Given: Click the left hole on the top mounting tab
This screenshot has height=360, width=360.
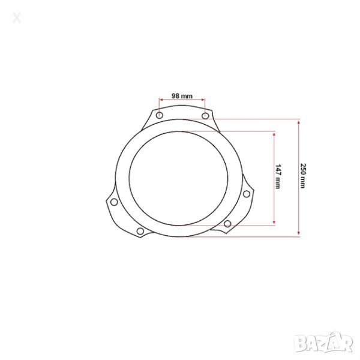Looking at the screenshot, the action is pyautogui.click(x=160, y=115).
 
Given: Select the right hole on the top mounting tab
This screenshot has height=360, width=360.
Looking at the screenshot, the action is pyautogui.click(x=205, y=116).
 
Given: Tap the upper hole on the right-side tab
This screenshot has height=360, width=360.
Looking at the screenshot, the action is pyautogui.click(x=247, y=194).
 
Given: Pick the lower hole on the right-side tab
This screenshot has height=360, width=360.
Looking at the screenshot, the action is pyautogui.click(x=227, y=223).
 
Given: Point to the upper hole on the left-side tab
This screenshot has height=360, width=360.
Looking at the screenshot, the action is pyautogui.click(x=114, y=202).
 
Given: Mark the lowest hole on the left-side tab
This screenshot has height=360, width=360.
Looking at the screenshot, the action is pyautogui.click(x=140, y=231).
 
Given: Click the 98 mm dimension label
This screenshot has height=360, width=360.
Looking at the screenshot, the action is pyautogui.click(x=182, y=96).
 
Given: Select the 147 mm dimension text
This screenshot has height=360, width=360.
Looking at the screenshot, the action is pyautogui.click(x=278, y=176).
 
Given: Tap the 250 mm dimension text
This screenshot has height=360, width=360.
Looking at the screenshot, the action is pyautogui.click(x=303, y=176).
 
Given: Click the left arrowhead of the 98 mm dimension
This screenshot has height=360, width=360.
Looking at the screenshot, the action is pyautogui.click(x=161, y=100).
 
